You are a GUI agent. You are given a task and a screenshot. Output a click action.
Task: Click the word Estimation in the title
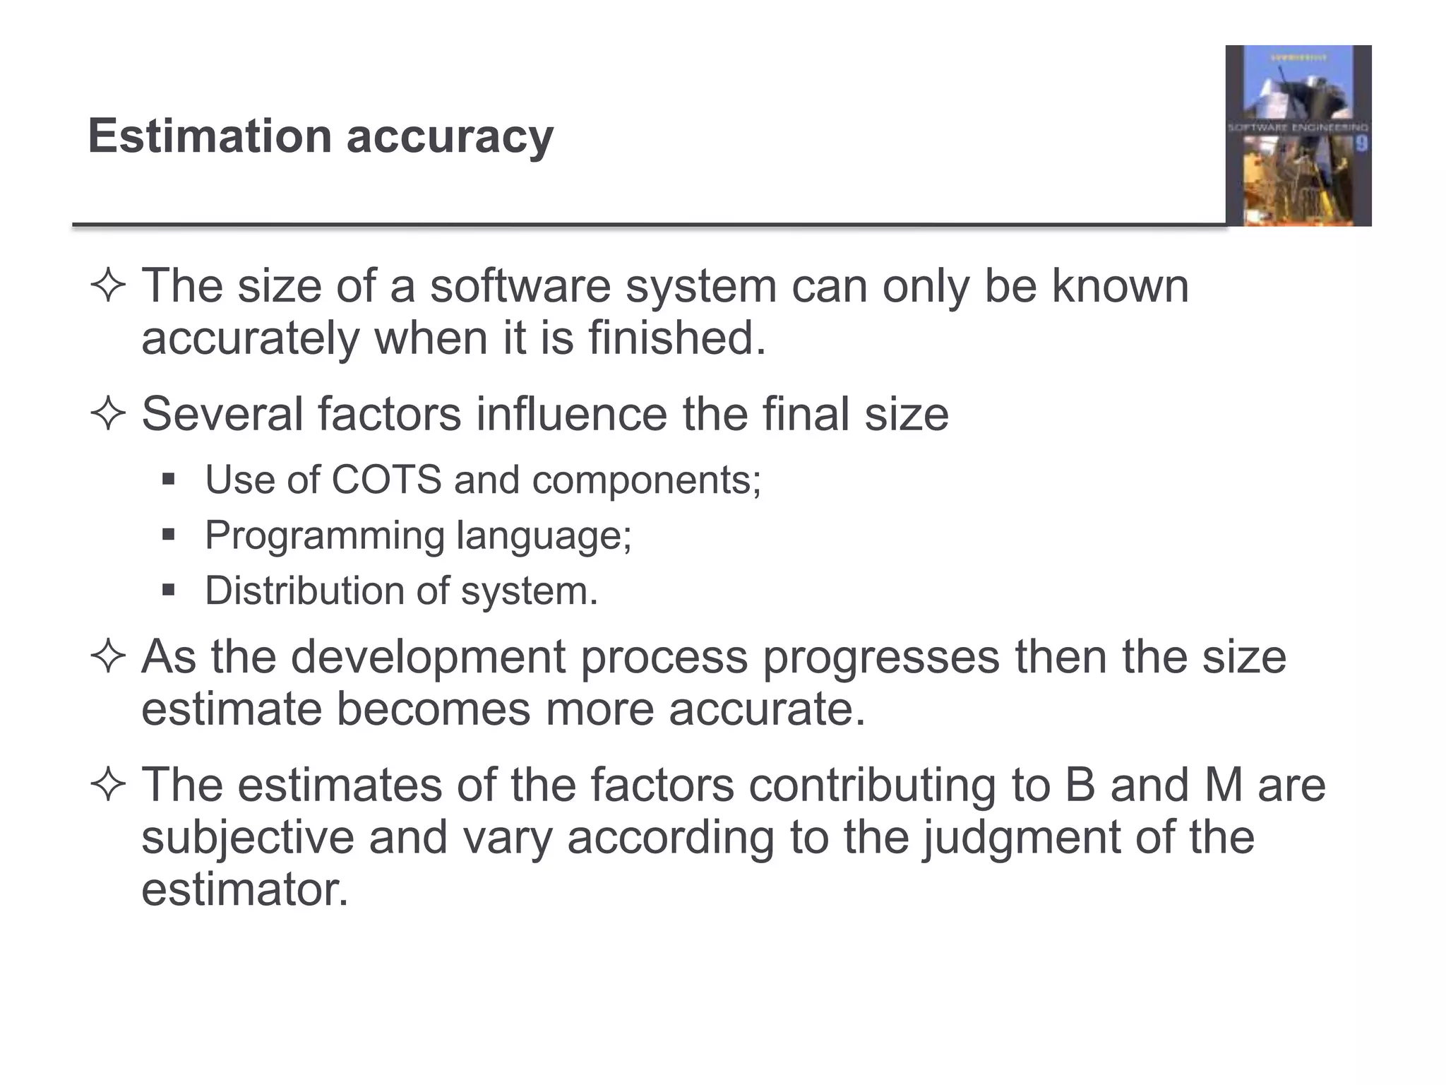(210, 136)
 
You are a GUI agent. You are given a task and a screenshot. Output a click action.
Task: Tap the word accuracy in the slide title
(450, 137)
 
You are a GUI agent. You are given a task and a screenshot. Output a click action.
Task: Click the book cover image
(1298, 136)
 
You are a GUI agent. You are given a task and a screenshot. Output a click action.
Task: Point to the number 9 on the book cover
(1361, 144)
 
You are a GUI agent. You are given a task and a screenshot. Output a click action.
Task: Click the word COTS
(386, 480)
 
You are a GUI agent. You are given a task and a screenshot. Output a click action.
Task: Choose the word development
(428, 657)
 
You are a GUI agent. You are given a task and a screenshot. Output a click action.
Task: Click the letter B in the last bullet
(1080, 785)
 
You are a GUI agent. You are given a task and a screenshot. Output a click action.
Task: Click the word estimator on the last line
(244, 889)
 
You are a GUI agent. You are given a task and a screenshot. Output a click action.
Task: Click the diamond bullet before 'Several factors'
(108, 414)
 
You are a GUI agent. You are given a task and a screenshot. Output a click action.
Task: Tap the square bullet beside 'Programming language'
(168, 535)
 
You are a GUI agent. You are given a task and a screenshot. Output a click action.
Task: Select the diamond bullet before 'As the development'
(108, 657)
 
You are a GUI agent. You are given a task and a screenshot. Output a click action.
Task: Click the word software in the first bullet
(520, 286)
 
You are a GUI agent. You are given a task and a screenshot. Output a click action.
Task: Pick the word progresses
(881, 657)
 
